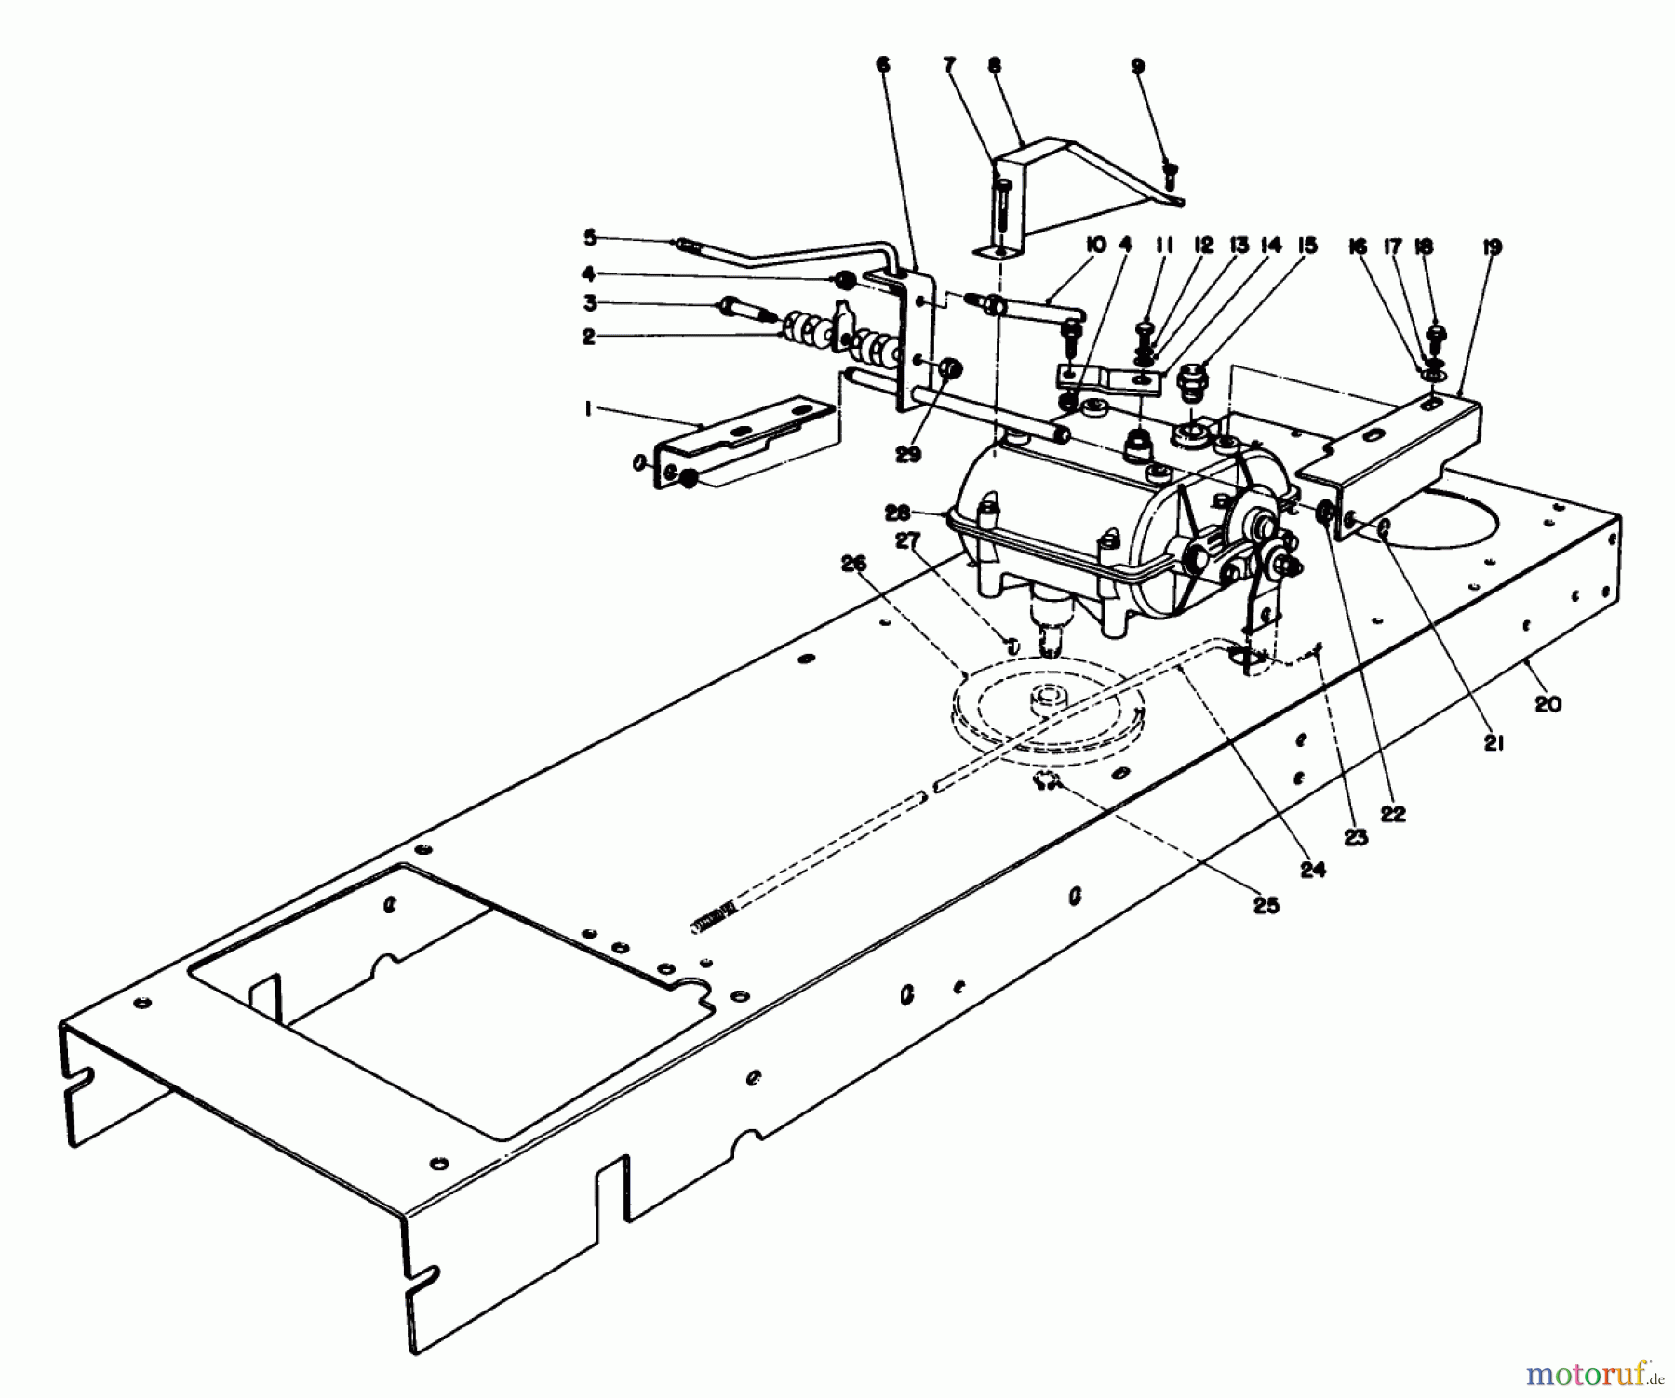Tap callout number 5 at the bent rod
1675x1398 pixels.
(x=589, y=238)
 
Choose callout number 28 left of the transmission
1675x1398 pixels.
(x=899, y=513)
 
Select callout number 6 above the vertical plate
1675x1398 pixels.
(x=882, y=65)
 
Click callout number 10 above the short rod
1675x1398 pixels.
(x=1095, y=246)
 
